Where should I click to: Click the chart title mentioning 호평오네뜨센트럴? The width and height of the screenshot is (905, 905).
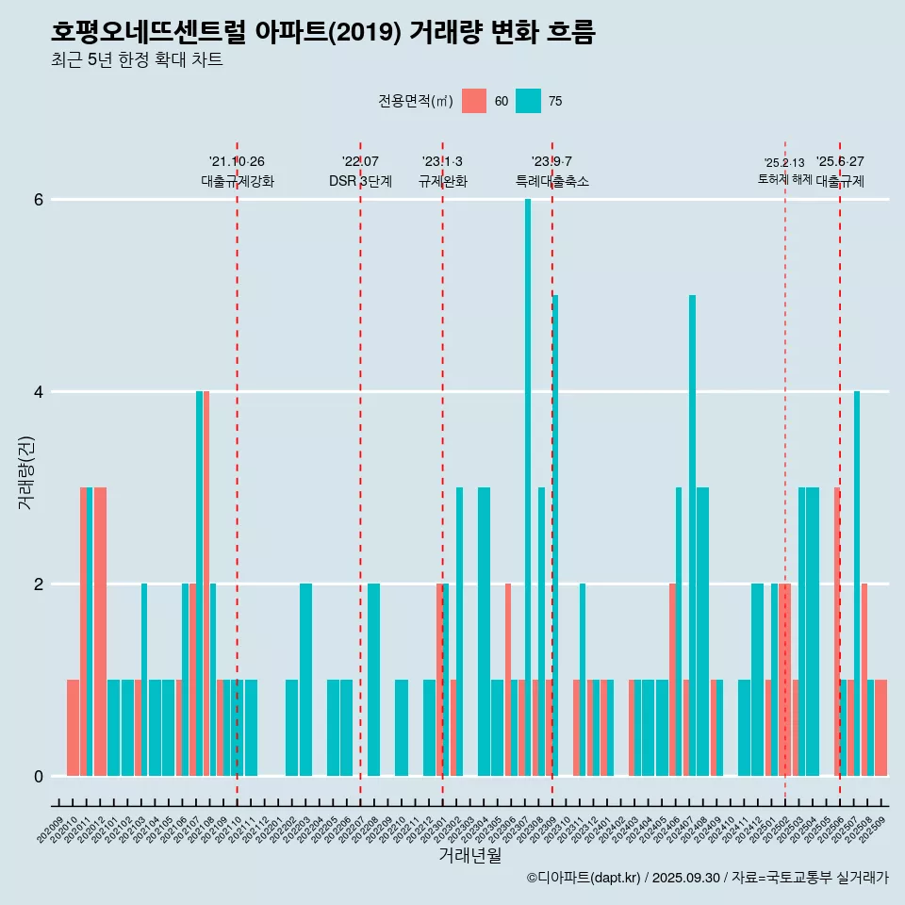click(322, 32)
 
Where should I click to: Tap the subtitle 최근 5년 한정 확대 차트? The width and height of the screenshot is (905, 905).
click(137, 61)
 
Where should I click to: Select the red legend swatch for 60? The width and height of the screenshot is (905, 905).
click(474, 101)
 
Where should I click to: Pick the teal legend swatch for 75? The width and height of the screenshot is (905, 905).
click(529, 101)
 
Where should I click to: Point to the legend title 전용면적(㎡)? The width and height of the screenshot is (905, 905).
click(415, 101)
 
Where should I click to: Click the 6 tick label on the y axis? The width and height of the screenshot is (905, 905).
click(40, 200)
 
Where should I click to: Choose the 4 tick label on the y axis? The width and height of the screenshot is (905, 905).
click(40, 391)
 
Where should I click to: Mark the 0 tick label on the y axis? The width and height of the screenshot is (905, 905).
click(40, 776)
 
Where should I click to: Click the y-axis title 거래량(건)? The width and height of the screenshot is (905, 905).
click(25, 471)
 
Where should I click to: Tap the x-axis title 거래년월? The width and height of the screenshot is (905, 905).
click(469, 855)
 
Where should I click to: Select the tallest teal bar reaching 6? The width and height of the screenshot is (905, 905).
click(528, 471)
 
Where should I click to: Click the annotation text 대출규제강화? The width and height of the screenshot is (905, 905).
click(237, 182)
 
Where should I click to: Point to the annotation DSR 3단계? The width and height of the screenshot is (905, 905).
click(360, 182)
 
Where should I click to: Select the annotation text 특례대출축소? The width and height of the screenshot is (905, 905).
click(551, 182)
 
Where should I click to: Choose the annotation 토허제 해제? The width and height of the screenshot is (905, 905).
click(784, 179)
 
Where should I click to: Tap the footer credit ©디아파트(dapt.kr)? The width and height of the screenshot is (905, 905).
click(584, 878)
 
